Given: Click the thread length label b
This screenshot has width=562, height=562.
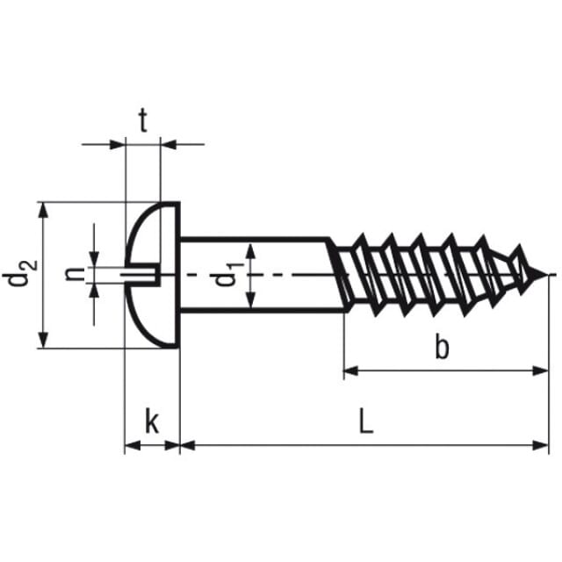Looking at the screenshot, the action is [442, 346].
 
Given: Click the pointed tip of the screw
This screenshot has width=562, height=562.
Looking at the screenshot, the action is [548, 275].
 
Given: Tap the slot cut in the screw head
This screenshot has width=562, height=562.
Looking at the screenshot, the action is [140, 275].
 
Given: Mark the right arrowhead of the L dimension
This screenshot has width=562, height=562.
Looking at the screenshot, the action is [541, 445].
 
